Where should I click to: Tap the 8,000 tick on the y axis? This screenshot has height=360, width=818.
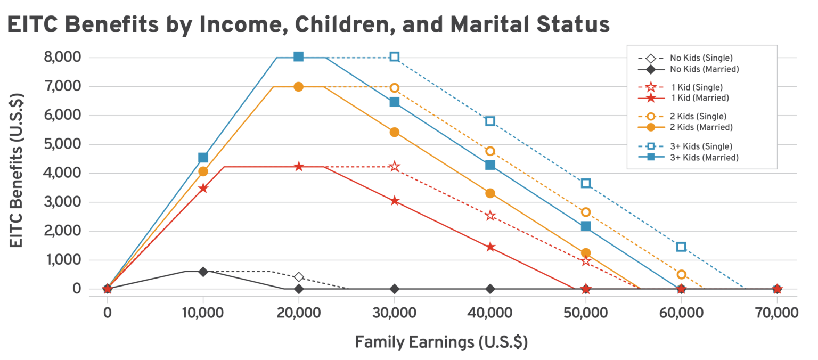[63, 58]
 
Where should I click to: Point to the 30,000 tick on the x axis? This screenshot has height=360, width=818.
[394, 312]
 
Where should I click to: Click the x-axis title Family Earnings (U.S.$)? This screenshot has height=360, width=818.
[441, 342]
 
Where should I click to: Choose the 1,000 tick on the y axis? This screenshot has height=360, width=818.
[63, 260]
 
